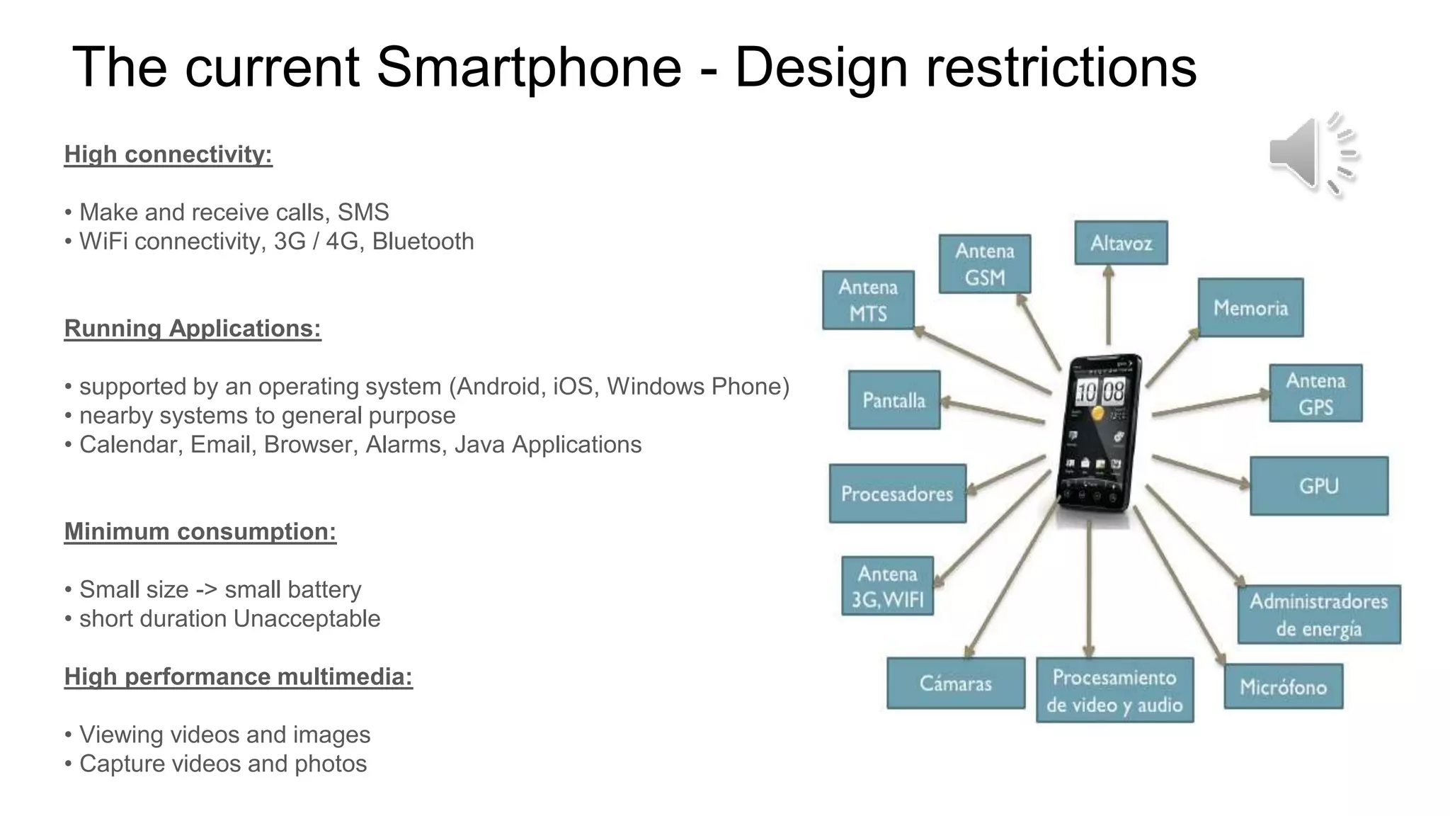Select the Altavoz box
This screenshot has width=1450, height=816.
tap(1121, 243)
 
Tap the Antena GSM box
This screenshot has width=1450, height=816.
tap(985, 263)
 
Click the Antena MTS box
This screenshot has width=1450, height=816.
tap(868, 300)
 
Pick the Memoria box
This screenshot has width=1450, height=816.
tap(1250, 307)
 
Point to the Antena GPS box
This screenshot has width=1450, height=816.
tap(1315, 394)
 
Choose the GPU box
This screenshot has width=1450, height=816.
tap(1318, 486)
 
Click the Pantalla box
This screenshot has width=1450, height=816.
tap(894, 400)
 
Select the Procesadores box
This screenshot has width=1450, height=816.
tap(897, 494)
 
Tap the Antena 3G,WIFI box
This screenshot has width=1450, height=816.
tap(887, 586)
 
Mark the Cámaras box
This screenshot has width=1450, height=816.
tap(955, 684)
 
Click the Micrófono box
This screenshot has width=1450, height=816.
tap(1283, 686)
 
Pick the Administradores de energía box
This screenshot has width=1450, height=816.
tap(1318, 615)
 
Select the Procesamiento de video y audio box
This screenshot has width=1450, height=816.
tap(1114, 691)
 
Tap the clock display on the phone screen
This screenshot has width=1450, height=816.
tap(1100, 391)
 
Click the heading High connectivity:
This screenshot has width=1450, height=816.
tap(169, 154)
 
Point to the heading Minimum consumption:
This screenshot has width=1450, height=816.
tap(200, 531)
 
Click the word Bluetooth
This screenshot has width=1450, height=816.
tap(423, 242)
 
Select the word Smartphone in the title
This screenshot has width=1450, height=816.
tap(528, 68)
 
